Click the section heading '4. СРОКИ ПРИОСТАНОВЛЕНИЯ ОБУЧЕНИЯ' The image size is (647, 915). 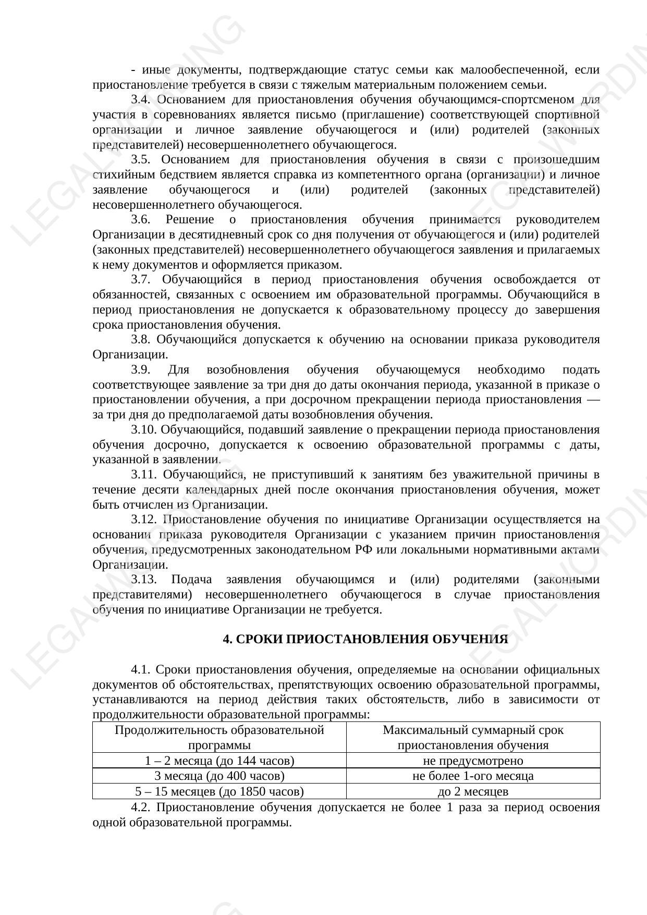tap(365, 639)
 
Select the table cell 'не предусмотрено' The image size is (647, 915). tap(473, 761)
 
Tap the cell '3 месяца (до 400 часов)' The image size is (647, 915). tap(219, 776)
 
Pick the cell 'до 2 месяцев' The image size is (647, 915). tap(473, 791)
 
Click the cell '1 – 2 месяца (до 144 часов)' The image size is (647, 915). tap(219, 761)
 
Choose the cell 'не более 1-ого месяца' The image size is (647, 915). tap(473, 776)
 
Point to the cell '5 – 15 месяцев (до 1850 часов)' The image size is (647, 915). tap(219, 791)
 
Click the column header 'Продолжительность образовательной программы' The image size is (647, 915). tap(219, 737)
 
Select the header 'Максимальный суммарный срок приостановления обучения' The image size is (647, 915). tap(473, 737)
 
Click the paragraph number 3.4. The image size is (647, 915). tap(140, 100)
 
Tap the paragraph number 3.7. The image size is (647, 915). tap(140, 280)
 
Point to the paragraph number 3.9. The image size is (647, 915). tap(140, 370)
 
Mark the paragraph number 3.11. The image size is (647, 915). tap(143, 475)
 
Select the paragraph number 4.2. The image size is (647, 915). tap(140, 808)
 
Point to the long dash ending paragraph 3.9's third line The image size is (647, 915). tap(593, 400)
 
